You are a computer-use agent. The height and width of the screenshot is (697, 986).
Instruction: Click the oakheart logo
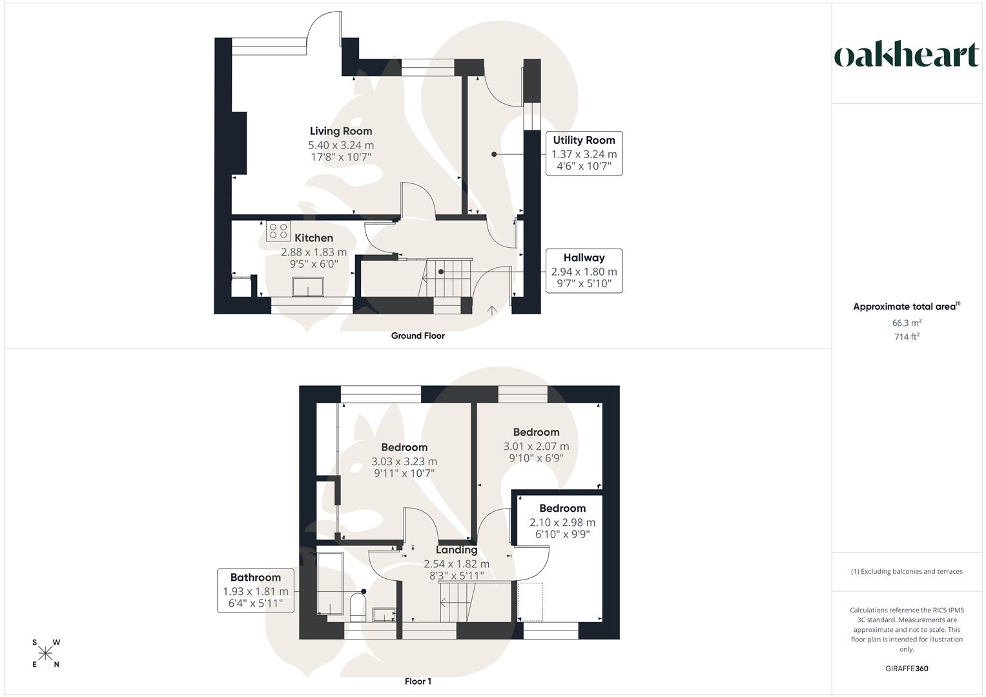pos(907,56)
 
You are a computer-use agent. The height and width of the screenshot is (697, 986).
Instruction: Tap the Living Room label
pos(341,131)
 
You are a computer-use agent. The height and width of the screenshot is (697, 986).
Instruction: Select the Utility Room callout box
pos(584,154)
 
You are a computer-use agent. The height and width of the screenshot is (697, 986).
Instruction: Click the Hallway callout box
pos(584,270)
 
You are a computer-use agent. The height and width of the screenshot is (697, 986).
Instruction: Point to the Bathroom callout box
pos(256,591)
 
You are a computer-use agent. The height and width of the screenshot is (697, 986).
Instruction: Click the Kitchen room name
pos(314,238)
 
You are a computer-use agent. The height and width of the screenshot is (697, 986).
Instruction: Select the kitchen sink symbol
pos(308,287)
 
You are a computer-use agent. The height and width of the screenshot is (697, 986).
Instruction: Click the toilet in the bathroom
pos(358,607)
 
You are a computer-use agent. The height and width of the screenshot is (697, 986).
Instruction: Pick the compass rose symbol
pos(46,653)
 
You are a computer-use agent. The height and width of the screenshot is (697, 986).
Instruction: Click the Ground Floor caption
pos(418,336)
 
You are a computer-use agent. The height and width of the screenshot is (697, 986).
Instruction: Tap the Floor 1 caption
pos(418,682)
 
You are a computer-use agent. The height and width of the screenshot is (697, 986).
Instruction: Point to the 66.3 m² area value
pos(907,323)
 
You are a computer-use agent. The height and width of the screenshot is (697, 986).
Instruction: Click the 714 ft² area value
pos(907,337)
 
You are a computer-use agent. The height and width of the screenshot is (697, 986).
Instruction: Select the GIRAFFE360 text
pos(907,669)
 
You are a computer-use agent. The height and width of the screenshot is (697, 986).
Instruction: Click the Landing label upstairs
pos(457,550)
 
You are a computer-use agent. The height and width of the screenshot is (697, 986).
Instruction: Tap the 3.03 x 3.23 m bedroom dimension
pos(404,461)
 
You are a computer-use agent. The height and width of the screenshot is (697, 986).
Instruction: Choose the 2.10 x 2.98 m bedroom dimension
pos(562,522)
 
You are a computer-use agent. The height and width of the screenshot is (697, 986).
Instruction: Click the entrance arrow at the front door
pos(491,310)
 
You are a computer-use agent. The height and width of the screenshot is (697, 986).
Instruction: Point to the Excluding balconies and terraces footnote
pos(907,571)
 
